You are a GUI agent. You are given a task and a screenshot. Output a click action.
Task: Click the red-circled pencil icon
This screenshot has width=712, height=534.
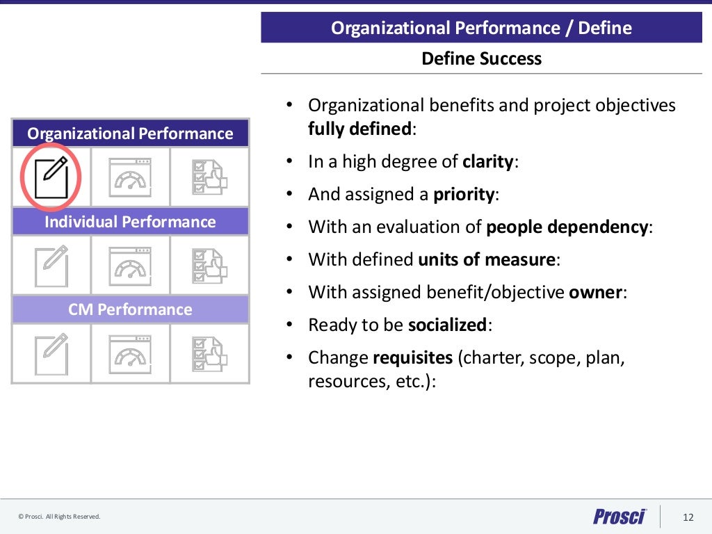pos(51,177)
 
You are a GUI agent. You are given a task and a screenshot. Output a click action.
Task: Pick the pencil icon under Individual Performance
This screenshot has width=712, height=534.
pos(51,266)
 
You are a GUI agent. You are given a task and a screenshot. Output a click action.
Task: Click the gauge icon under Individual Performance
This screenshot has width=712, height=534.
pos(130,266)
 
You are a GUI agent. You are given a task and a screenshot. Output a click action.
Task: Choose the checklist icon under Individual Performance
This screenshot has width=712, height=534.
pos(209,266)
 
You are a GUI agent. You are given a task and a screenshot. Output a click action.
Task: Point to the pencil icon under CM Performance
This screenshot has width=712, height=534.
pos(51,354)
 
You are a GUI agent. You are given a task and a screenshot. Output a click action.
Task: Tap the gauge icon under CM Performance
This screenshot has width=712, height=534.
pos(130,354)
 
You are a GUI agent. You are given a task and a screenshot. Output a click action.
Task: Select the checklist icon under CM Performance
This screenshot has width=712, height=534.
pos(209,354)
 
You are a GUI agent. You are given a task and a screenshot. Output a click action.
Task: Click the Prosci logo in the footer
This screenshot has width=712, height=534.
pos(620,517)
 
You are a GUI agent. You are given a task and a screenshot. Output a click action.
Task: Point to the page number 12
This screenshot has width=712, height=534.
pos(688,517)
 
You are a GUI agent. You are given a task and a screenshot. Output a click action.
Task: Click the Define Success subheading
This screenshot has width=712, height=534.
pos(481,58)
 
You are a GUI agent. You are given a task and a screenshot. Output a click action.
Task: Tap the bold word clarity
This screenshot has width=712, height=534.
pos(488,162)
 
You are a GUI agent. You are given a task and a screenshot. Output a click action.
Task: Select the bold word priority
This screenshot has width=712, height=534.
pos(464,195)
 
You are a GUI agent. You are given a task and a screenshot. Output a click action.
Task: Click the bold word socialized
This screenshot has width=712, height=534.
pos(447,325)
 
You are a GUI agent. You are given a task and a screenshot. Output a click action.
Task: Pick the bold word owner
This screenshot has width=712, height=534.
pos(595,293)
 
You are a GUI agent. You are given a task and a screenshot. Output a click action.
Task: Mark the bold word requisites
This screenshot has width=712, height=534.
pos(412,358)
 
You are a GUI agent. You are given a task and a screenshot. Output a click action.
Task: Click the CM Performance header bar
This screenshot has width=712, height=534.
pos(130,309)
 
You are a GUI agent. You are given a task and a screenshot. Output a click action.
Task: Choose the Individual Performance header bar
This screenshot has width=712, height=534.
pos(130,222)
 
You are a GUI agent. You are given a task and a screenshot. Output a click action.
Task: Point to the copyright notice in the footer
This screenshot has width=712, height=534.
pos(60,517)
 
